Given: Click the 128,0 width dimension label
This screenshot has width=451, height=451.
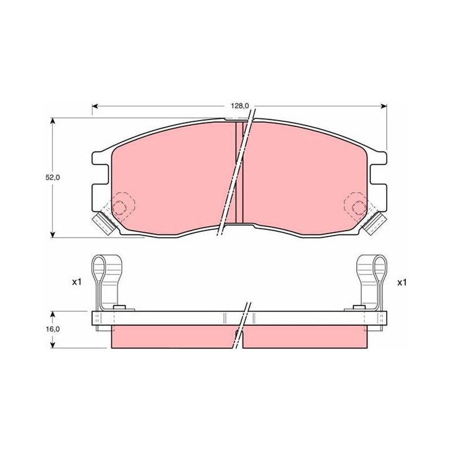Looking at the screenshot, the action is (239, 106).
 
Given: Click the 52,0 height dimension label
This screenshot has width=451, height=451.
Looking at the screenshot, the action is (52, 178).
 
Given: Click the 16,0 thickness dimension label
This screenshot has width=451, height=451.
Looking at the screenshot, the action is (52, 329).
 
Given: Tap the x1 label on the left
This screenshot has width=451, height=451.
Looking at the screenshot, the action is (77, 282).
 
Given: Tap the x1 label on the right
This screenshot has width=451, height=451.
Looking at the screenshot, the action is (402, 283).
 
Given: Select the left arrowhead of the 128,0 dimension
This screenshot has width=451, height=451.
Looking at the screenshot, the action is (95, 107).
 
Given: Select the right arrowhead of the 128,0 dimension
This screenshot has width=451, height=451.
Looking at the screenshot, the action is (383, 107).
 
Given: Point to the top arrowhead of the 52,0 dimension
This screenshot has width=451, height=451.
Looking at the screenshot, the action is (52, 121).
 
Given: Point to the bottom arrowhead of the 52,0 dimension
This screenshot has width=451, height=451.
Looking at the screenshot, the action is (52, 235).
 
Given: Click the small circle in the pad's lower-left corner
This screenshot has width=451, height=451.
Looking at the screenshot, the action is (119, 207).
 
